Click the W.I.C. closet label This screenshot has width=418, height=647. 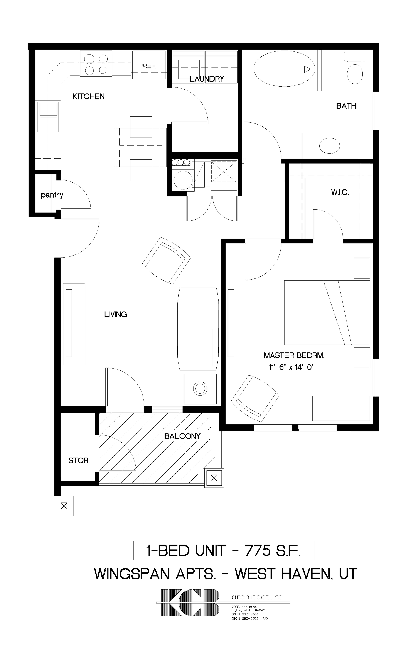pos(340,193)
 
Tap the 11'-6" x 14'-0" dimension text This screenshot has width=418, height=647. pos(291,367)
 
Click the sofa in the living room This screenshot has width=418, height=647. pos(198,328)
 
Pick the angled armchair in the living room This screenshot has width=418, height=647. pos(166,260)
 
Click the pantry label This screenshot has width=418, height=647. pos(52,195)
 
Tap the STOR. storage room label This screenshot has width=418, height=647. pos(79,460)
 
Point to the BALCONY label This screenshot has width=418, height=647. pos(182,436)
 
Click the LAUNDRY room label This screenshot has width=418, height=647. pos(207,79)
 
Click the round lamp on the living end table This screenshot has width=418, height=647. pos(200,389)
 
